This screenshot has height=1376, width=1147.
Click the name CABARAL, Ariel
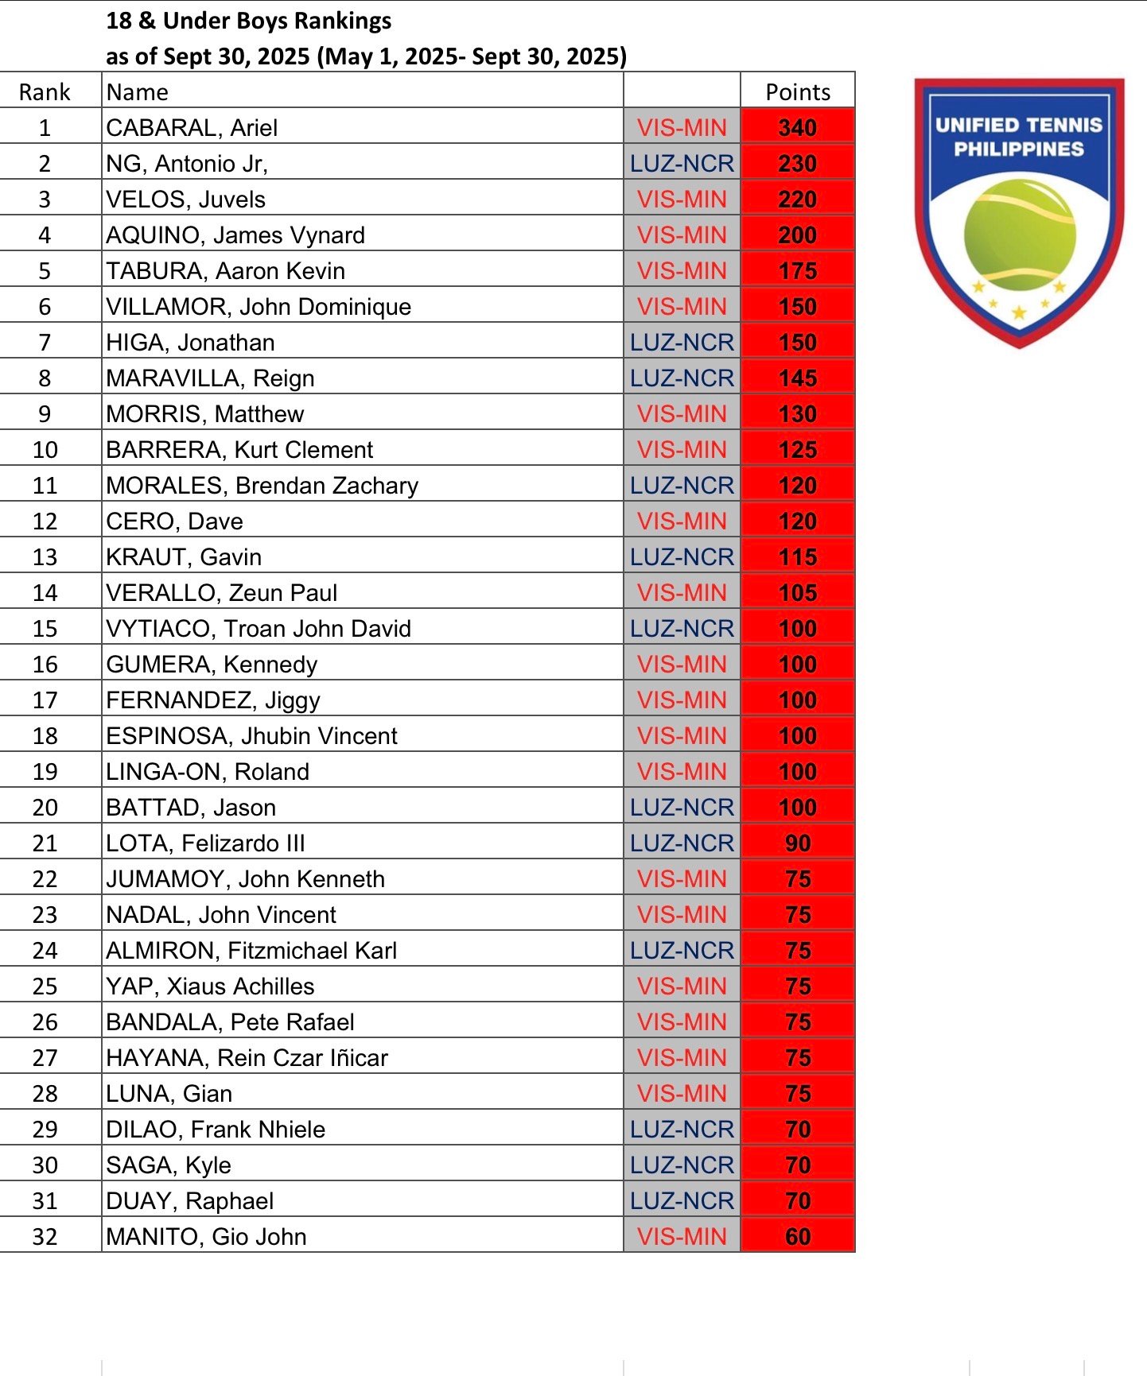[192, 128]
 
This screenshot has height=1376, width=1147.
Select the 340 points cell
[797, 128]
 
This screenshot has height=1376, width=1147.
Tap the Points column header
[797, 92]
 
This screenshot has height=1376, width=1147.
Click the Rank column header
[45, 92]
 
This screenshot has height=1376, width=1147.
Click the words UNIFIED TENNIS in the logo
[1018, 126]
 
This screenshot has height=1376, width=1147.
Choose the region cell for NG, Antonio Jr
[682, 164]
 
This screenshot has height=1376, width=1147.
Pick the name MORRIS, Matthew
[205, 414]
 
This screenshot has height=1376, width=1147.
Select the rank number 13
[45, 557]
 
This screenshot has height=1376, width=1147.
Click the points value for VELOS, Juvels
[797, 200]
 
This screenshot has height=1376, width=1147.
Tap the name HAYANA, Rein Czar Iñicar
[247, 1058]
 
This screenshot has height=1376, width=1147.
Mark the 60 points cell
[797, 1237]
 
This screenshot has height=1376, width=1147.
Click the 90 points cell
[797, 843]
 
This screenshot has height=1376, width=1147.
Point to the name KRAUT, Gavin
[184, 557]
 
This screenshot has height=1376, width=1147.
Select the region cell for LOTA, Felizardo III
[682, 843]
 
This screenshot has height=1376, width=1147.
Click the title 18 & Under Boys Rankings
[248, 21]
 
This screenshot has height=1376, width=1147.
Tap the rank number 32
[45, 1237]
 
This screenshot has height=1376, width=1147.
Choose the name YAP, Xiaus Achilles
[210, 986]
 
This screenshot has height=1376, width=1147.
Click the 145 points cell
[797, 378]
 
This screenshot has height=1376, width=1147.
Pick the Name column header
[137, 92]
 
